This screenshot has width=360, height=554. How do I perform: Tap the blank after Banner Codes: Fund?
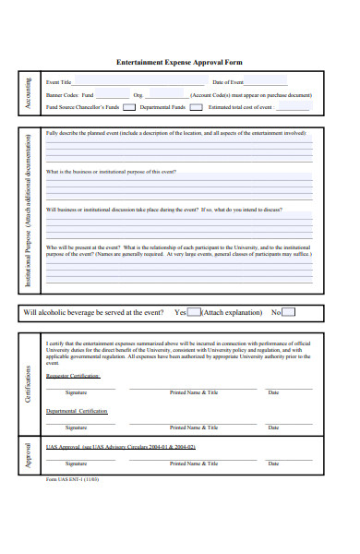coord(113,95)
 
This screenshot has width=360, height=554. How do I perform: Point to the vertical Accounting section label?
coord(29,94)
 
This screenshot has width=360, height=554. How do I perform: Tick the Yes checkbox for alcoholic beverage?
coord(194,312)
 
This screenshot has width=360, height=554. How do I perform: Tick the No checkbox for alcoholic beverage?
coord(289,312)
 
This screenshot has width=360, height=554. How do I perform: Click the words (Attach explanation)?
coord(232,312)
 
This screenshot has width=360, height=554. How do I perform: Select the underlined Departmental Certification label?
coord(77,411)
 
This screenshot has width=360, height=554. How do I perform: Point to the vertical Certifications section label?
coord(29,382)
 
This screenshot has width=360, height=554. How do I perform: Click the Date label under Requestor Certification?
coord(273,392)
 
